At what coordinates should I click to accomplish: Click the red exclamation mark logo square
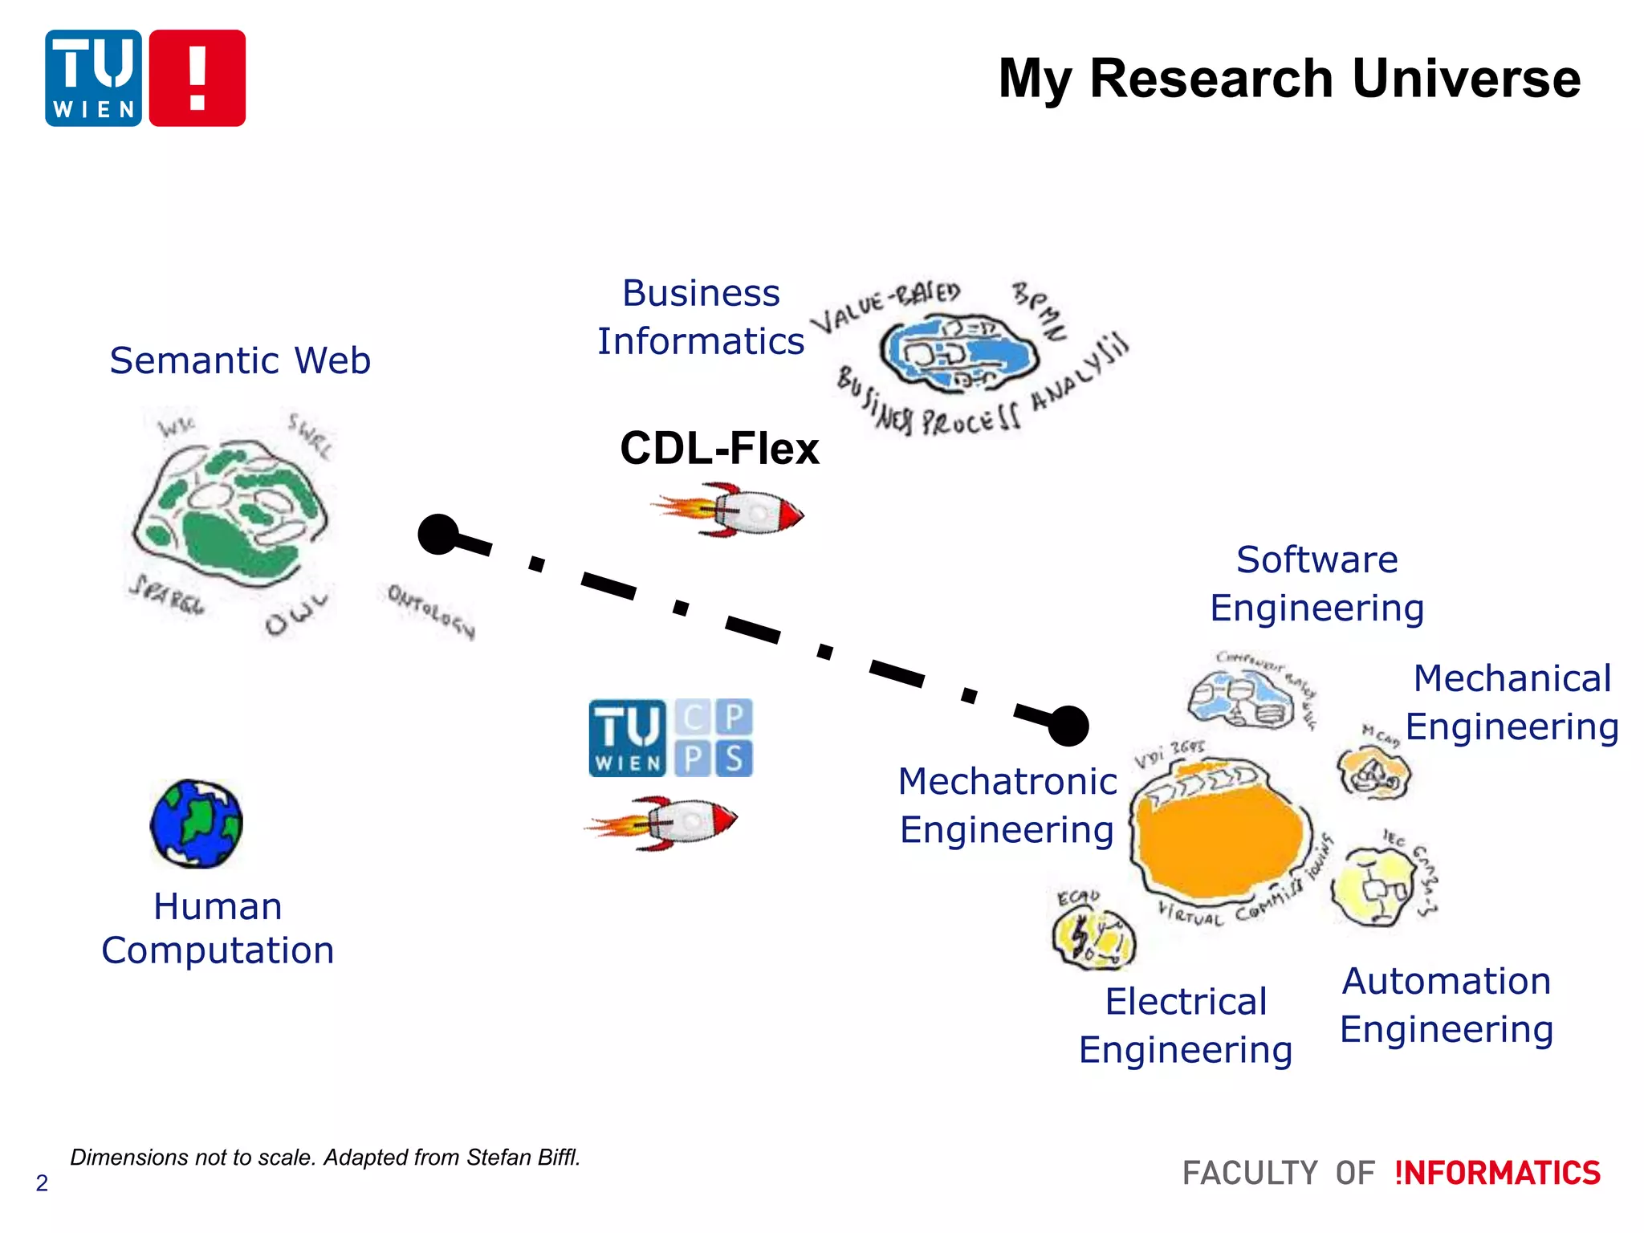pos(197,78)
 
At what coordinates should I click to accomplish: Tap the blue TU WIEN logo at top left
pos(93,78)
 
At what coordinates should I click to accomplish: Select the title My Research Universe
pos(1289,79)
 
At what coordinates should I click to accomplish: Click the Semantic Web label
pos(240,360)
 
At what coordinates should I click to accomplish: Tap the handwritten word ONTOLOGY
pos(431,611)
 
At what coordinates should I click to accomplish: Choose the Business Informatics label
pos(701,317)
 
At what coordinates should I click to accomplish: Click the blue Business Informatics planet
pos(957,353)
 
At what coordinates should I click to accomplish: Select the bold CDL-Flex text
pos(719,448)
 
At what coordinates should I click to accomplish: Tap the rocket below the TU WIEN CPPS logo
pos(663,823)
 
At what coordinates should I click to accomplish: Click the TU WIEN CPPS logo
pos(670,738)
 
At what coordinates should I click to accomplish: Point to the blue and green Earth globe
pos(196,824)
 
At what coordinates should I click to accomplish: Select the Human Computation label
pos(218,929)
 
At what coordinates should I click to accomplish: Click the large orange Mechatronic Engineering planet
pos(1220,835)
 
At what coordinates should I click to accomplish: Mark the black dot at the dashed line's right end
pos(1068,726)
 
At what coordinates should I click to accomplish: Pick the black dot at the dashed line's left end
pos(438,534)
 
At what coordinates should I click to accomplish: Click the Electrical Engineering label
pos(1186,1025)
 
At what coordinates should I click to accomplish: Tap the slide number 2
pos(42,1183)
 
